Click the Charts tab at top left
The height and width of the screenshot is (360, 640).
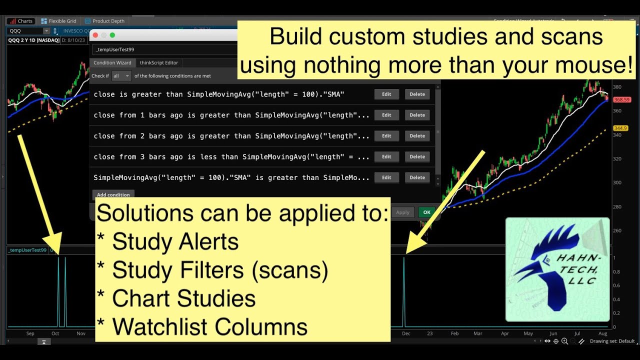[20, 21]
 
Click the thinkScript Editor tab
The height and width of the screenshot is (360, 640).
[158, 62]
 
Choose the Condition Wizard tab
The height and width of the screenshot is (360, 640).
[112, 62]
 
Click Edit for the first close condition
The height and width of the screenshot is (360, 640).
[386, 94]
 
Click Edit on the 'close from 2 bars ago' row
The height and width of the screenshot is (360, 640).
[386, 136]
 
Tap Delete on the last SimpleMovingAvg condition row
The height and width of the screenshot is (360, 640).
[417, 177]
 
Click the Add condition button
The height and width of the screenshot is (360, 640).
[113, 194]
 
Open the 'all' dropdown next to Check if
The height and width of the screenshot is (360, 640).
[121, 76]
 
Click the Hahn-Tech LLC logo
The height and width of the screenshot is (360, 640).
[557, 269]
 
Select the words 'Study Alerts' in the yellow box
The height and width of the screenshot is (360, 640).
[175, 242]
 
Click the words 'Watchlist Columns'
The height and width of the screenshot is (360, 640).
[209, 327]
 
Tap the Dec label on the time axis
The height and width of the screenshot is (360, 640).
[405, 333]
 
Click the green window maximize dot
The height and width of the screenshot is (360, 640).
[112, 35]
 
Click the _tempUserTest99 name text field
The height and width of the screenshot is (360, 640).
[165, 49]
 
